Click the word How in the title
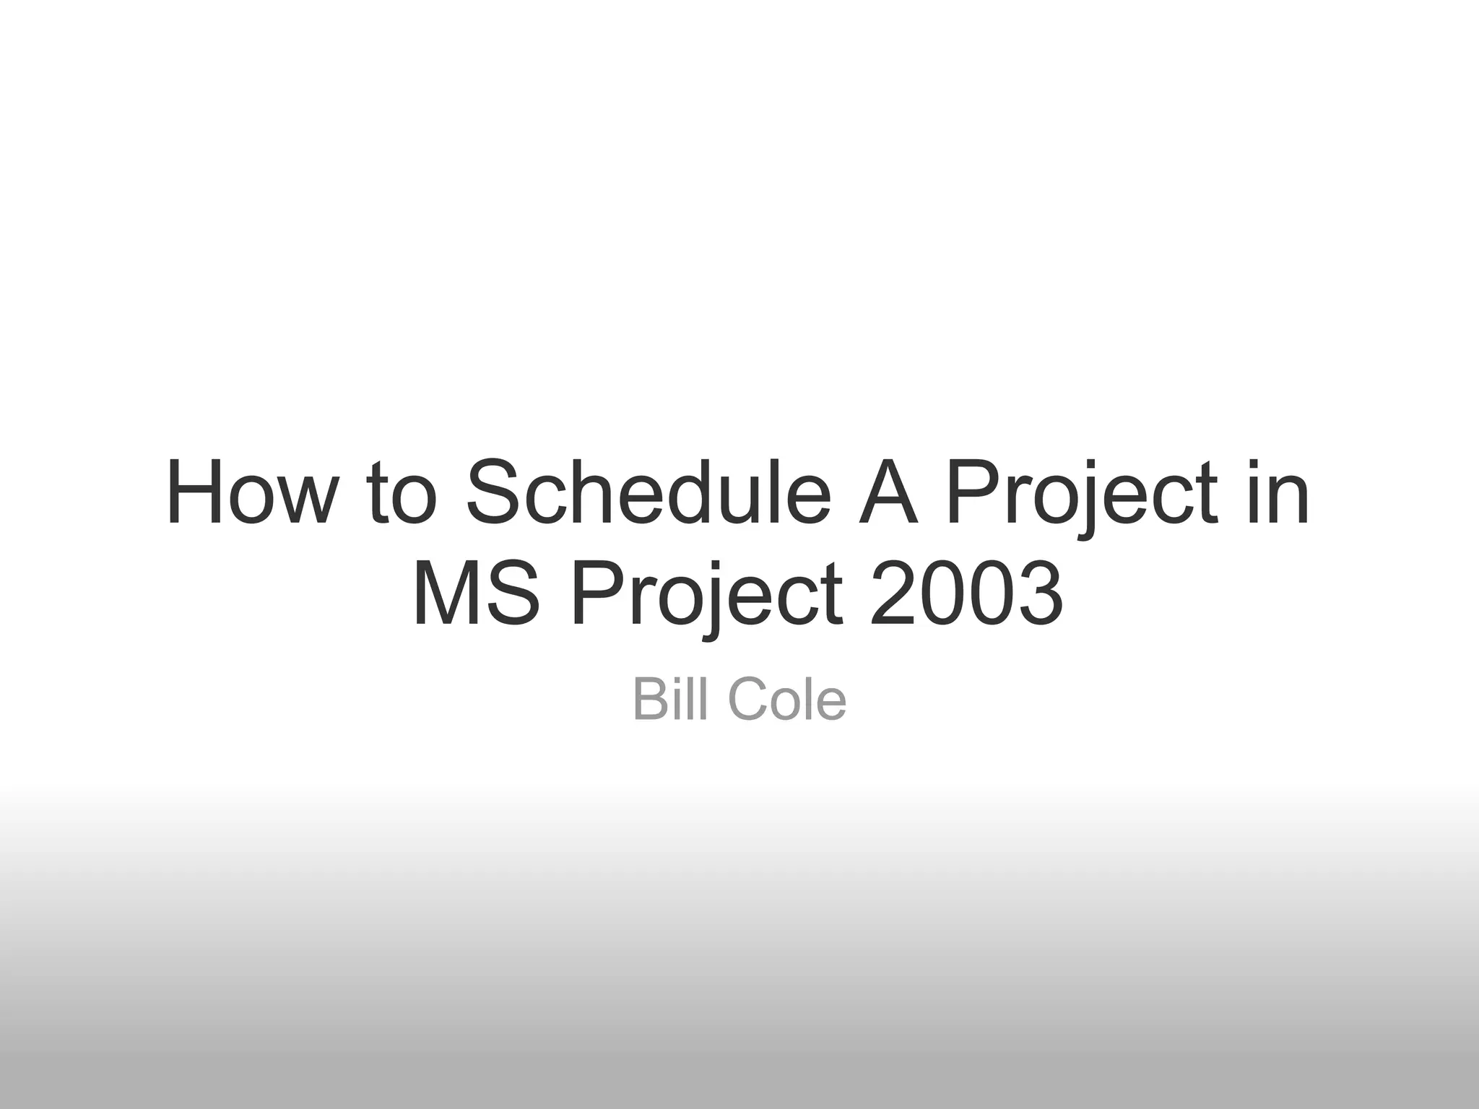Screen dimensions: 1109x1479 point(252,493)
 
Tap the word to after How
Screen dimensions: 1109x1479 point(402,493)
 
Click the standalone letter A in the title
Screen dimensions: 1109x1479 point(888,493)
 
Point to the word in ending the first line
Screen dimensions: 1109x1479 point(1279,493)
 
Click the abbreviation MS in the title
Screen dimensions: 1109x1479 point(476,595)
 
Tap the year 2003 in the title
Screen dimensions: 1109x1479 point(966,595)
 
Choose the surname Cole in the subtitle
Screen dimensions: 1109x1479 point(787,699)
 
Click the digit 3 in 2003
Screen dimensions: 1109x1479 point(1037,595)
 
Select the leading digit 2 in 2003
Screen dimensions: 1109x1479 point(893,595)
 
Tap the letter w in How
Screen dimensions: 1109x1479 point(306,503)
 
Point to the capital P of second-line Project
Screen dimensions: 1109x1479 point(595,595)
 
